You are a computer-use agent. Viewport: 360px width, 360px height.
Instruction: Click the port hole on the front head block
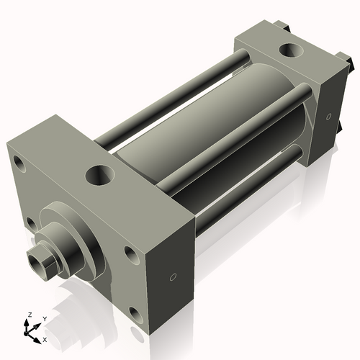[99, 175]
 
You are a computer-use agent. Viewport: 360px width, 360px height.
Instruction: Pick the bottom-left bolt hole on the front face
[31, 222]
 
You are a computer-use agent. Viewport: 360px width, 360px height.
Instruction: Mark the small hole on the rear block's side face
[328, 115]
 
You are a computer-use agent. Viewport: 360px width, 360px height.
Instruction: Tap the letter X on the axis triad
[45, 338]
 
